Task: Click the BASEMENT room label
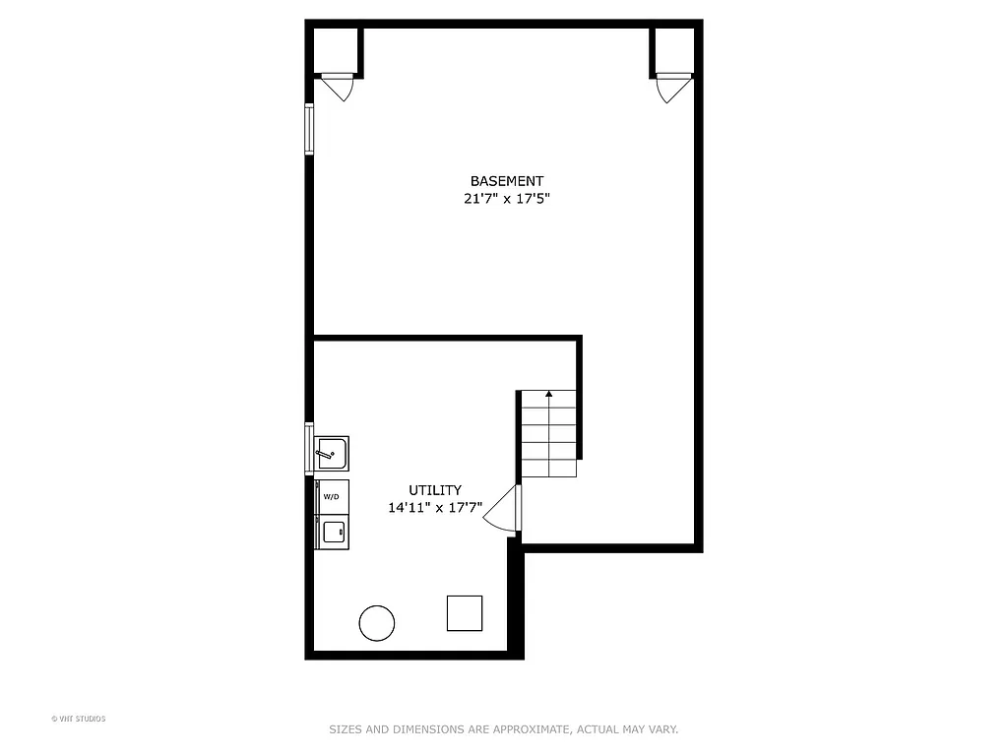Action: [506, 181]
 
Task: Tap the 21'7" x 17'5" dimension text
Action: [506, 198]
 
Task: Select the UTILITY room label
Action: [435, 490]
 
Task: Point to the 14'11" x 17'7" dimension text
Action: [435, 508]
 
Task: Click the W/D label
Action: [332, 496]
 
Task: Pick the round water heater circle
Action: [377, 623]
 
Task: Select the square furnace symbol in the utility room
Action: [465, 612]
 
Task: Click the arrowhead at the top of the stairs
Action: [548, 394]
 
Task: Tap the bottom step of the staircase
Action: [548, 469]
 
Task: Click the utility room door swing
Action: [503, 510]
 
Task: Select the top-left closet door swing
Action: [338, 87]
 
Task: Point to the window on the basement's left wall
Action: [309, 129]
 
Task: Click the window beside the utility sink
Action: [309, 448]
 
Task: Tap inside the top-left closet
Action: [336, 50]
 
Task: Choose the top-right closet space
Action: [673, 50]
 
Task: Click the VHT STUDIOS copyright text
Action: [78, 719]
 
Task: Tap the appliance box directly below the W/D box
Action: [332, 531]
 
